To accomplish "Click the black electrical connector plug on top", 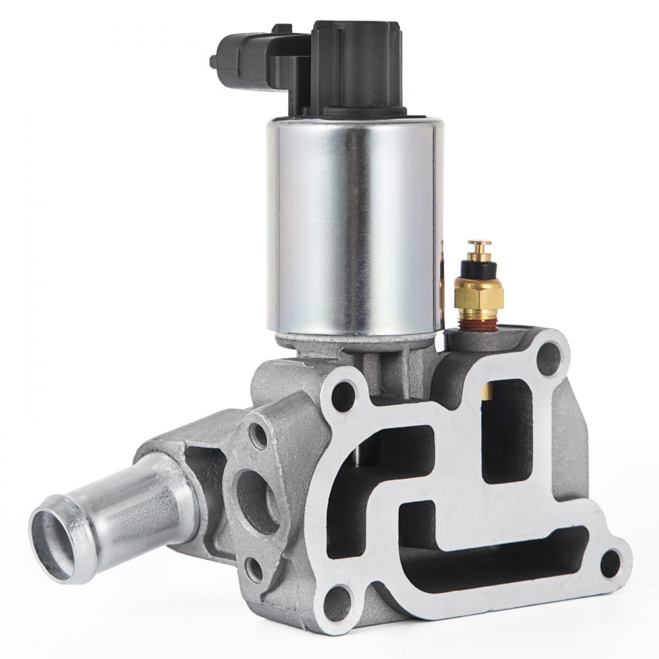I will (x=356, y=66).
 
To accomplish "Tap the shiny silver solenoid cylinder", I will (x=353, y=224).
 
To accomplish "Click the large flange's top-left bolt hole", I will (x=343, y=395).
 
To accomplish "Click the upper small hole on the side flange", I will (x=260, y=437).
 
